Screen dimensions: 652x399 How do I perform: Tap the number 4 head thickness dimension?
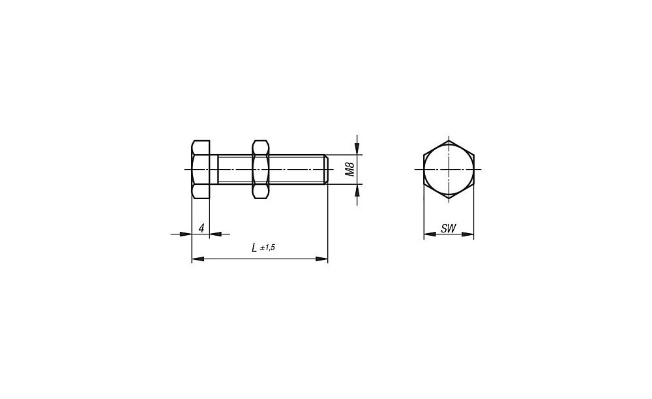click(201, 229)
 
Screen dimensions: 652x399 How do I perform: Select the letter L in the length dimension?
click(254, 247)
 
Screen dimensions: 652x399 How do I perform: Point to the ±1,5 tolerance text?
click(267, 247)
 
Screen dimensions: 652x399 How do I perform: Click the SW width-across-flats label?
click(449, 229)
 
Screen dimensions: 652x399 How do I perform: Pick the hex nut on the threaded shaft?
click(260, 170)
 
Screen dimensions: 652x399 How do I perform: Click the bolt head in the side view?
click(200, 170)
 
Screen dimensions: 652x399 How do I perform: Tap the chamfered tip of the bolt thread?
click(327, 169)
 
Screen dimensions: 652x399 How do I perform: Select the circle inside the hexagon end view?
click(449, 170)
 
